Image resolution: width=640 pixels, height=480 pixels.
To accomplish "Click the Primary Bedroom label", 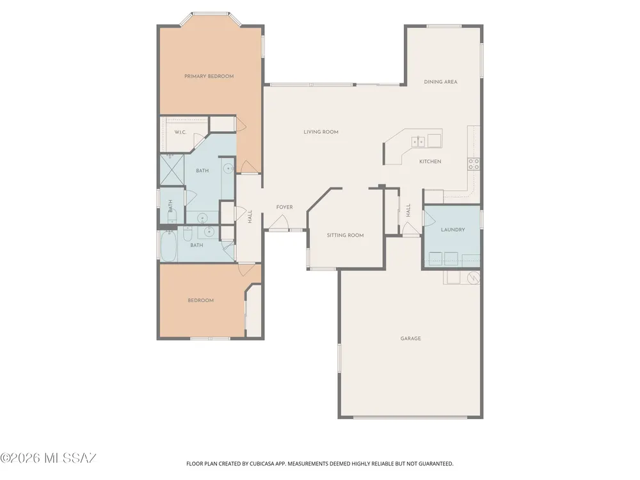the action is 209,76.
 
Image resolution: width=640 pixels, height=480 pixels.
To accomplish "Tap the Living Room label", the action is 321,132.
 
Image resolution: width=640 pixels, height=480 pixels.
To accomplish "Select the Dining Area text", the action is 440,82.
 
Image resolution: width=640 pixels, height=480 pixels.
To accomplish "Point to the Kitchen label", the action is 430,162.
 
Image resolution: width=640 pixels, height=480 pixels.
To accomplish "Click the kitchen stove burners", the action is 474,164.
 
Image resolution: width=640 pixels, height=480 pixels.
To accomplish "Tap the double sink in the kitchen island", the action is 418,141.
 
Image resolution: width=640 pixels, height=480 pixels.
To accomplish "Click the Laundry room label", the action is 452,230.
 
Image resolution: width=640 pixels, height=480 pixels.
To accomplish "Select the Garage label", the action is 411,339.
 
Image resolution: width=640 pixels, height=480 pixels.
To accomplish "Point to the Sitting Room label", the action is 346,235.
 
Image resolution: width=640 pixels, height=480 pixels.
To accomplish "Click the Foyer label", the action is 285,207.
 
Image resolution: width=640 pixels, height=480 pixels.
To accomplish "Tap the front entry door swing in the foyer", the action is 279,223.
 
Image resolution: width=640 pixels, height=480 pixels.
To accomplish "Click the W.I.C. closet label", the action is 180,132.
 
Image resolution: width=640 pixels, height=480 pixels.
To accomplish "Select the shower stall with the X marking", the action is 172,169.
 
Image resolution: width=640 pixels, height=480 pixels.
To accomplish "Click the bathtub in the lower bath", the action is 168,246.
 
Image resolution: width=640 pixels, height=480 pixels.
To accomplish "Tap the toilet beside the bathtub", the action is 188,234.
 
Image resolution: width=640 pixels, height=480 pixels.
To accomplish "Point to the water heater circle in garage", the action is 473,278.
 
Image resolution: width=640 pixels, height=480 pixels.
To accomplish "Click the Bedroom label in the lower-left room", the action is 201,300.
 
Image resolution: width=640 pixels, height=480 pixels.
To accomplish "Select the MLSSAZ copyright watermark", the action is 48,458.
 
